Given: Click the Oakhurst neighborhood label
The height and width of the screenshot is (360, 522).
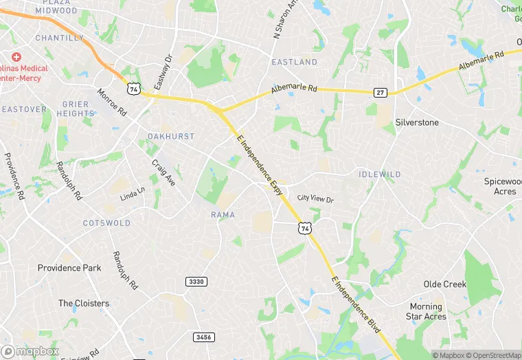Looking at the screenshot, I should [171, 137].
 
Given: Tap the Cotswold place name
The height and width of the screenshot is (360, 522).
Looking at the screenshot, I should [106, 223].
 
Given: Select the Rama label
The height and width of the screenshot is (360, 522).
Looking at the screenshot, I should [223, 215].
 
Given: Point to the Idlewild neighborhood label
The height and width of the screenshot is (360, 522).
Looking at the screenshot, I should [380, 175].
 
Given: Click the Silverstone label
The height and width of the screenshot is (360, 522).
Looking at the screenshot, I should [417, 122].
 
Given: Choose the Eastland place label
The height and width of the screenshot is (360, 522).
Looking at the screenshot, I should [295, 62].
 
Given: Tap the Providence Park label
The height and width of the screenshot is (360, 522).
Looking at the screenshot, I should [69, 268].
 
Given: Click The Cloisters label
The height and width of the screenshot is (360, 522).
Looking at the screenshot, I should [84, 303].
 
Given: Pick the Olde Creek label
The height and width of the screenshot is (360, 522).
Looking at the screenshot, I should [445, 284].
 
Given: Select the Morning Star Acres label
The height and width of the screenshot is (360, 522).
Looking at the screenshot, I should [427, 311].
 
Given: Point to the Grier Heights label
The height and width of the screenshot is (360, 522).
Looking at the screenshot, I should [76, 109].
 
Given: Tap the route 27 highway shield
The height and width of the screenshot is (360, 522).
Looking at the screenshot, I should [380, 92].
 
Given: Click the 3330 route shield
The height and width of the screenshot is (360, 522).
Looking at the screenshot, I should [196, 282].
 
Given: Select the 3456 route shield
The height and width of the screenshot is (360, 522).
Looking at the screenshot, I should [204, 337].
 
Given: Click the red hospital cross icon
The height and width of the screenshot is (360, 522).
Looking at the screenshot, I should [16, 56].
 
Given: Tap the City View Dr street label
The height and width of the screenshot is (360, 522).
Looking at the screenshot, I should [315, 199].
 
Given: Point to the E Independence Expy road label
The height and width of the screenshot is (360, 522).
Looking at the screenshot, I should [260, 164].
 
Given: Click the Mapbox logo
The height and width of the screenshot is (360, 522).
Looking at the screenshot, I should [30, 351].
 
